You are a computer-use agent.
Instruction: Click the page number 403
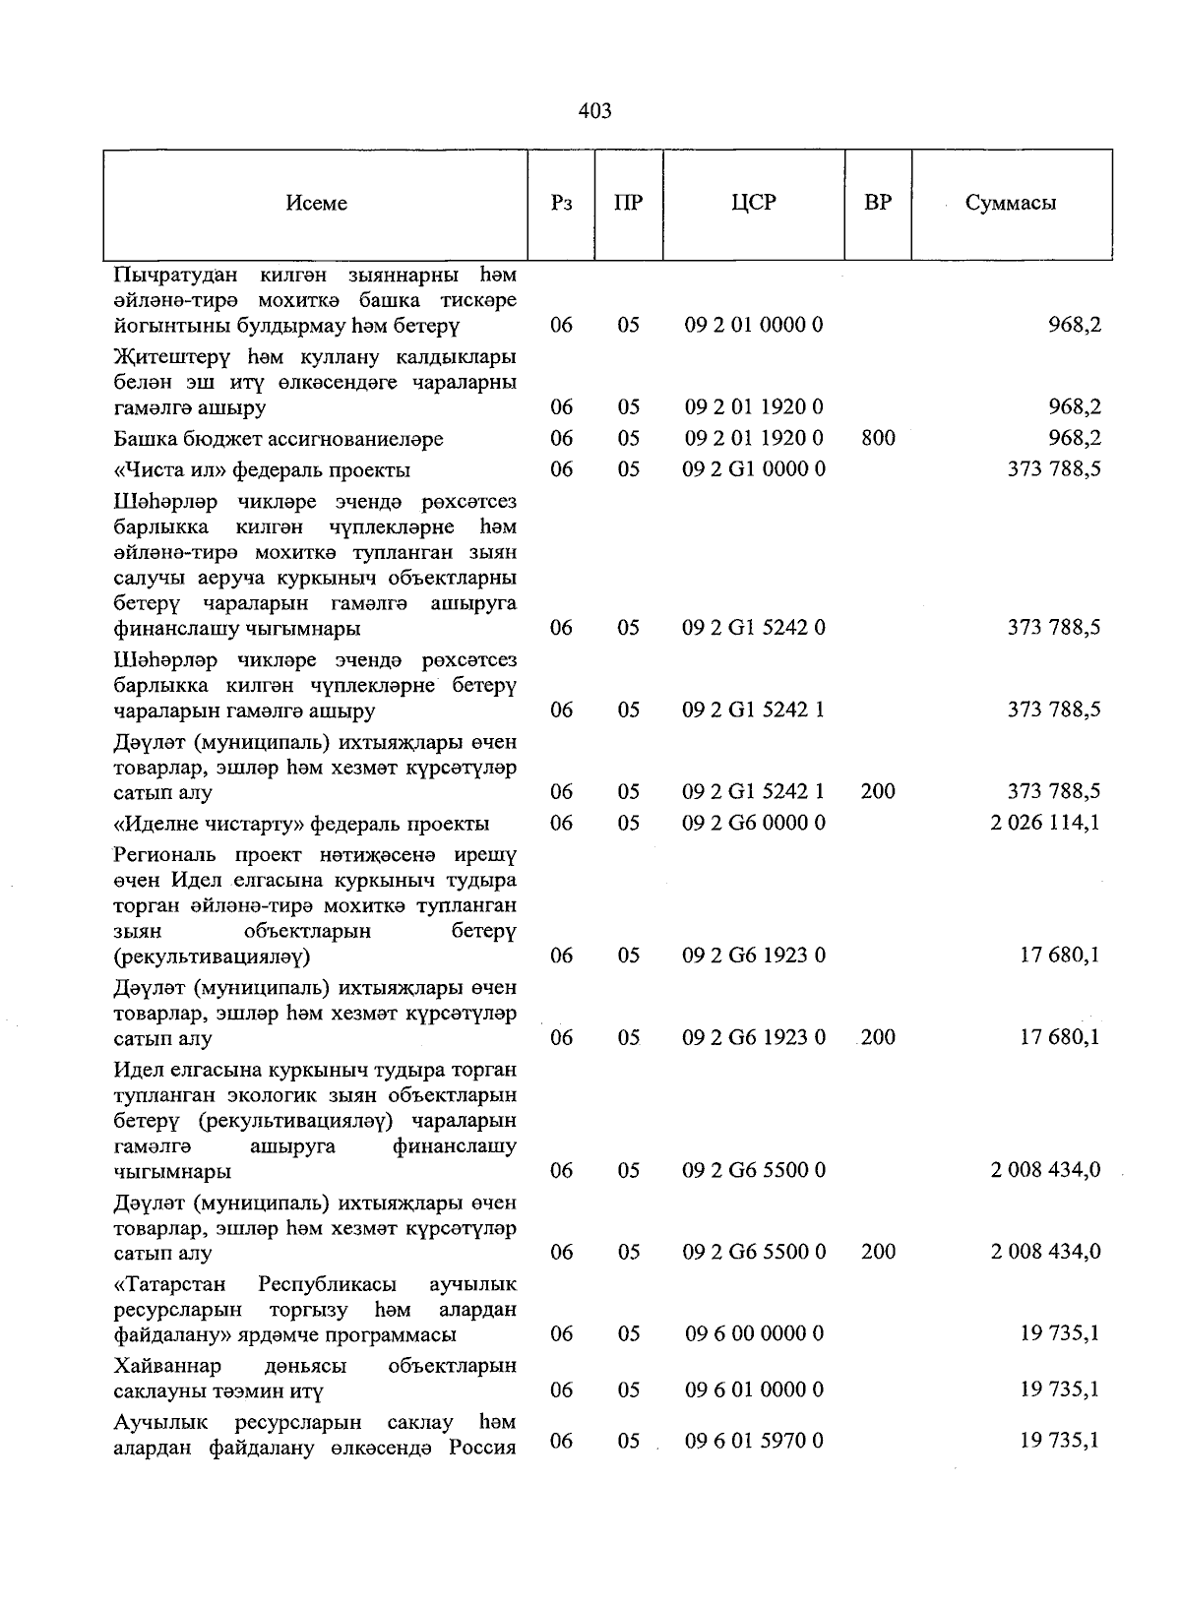click(595, 111)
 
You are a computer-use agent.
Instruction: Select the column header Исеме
click(317, 204)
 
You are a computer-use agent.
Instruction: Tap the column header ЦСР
click(754, 203)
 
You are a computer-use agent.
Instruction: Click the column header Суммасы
click(1011, 204)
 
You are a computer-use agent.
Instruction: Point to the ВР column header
click(878, 203)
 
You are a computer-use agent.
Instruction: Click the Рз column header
click(562, 204)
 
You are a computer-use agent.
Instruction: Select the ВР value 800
click(878, 438)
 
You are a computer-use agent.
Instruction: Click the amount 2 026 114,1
click(1045, 823)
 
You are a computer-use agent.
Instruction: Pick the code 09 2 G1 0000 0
click(754, 469)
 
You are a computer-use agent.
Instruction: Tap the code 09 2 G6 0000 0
click(754, 823)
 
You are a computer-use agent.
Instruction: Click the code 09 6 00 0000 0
click(754, 1334)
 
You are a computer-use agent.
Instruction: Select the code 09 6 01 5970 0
click(754, 1442)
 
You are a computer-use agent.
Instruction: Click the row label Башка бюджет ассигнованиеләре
click(279, 439)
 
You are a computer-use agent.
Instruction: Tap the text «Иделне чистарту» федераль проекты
click(301, 824)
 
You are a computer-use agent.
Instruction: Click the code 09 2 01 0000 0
click(754, 325)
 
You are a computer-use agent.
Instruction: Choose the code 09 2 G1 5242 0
click(754, 628)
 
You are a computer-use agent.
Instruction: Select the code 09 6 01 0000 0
click(754, 1390)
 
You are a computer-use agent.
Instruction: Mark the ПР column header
click(628, 204)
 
